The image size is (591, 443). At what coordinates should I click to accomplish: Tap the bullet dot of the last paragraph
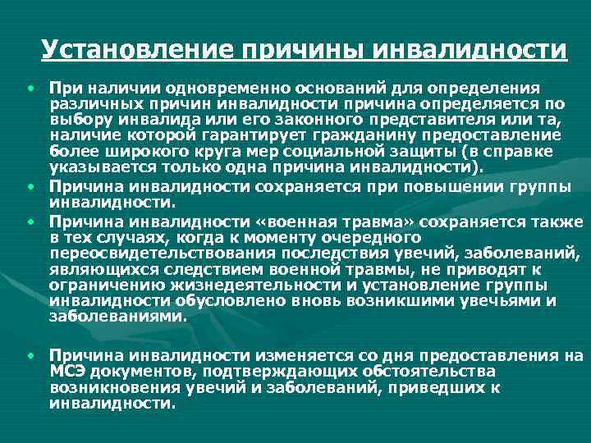click(x=30, y=355)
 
